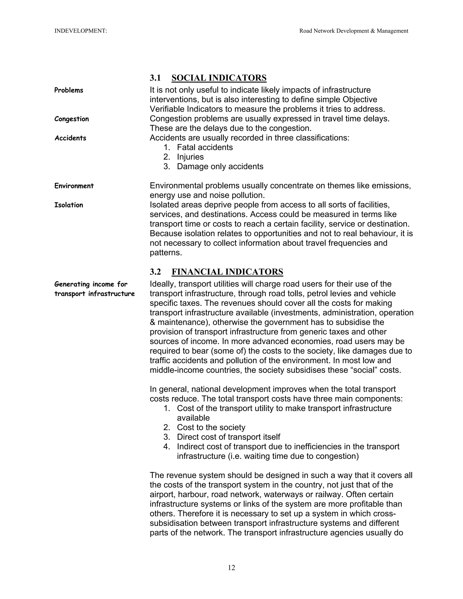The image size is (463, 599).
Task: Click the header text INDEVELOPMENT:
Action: pyautogui.click(x=81, y=31)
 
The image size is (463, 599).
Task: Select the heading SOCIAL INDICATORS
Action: pyautogui.click(x=219, y=78)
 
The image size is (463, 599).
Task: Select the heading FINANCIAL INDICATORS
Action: pyautogui.click(x=227, y=272)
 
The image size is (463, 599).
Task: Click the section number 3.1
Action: pyautogui.click(x=155, y=78)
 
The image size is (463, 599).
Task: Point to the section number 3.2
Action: pyautogui.click(x=155, y=272)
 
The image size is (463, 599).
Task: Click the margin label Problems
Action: pyautogui.click(x=69, y=90)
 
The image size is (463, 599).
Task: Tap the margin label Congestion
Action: pyautogui.click(x=72, y=119)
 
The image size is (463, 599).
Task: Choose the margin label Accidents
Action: pyautogui.click(x=70, y=138)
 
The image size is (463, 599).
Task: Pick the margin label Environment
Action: pyautogui.click(x=74, y=186)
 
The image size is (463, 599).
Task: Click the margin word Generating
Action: pyautogui.click(x=72, y=284)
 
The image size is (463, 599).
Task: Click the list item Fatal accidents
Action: pyautogui.click(x=205, y=148)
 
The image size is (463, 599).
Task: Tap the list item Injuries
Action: pyautogui.click(x=190, y=157)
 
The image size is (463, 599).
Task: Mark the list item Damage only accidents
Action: pyautogui.click(x=220, y=167)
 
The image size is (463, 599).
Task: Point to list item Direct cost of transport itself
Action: pyautogui.click(x=229, y=437)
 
